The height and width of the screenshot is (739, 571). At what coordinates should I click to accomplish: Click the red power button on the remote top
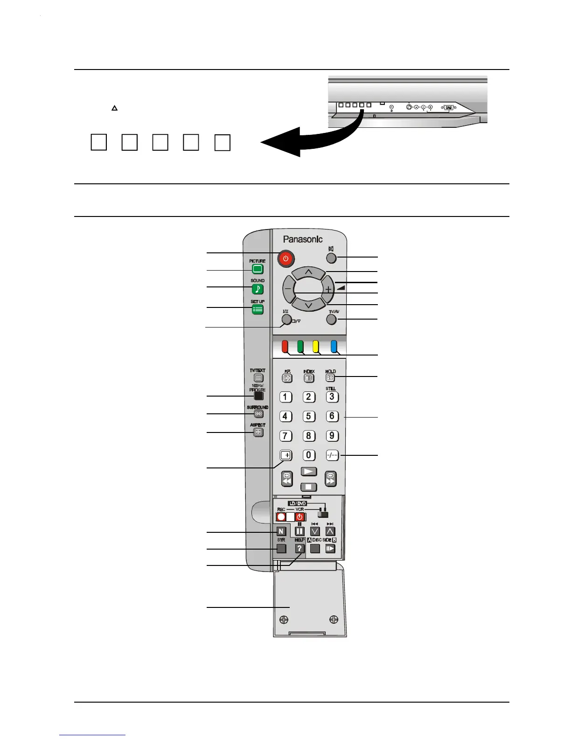click(285, 258)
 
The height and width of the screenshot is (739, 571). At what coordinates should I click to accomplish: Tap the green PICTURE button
click(258, 269)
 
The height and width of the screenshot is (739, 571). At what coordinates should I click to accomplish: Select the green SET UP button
click(258, 309)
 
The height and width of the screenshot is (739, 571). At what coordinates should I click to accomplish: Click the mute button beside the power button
click(331, 258)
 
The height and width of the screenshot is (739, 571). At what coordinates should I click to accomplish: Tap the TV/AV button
click(331, 320)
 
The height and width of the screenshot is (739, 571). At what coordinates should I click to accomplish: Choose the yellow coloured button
click(316, 347)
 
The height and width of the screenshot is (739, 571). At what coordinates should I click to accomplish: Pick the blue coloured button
click(334, 347)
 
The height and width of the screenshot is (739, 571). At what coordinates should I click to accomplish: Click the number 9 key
click(332, 436)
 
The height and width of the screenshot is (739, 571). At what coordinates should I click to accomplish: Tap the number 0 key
click(308, 455)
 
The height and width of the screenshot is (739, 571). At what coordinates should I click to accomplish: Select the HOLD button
click(330, 378)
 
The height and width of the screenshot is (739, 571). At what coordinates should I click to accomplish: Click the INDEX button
click(308, 378)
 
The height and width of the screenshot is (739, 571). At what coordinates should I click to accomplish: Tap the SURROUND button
click(258, 414)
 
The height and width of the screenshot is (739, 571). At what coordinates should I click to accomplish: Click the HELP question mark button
click(300, 549)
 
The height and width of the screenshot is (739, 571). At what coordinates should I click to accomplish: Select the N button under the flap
click(281, 531)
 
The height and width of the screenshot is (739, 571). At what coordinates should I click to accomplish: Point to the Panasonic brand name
click(303, 239)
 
